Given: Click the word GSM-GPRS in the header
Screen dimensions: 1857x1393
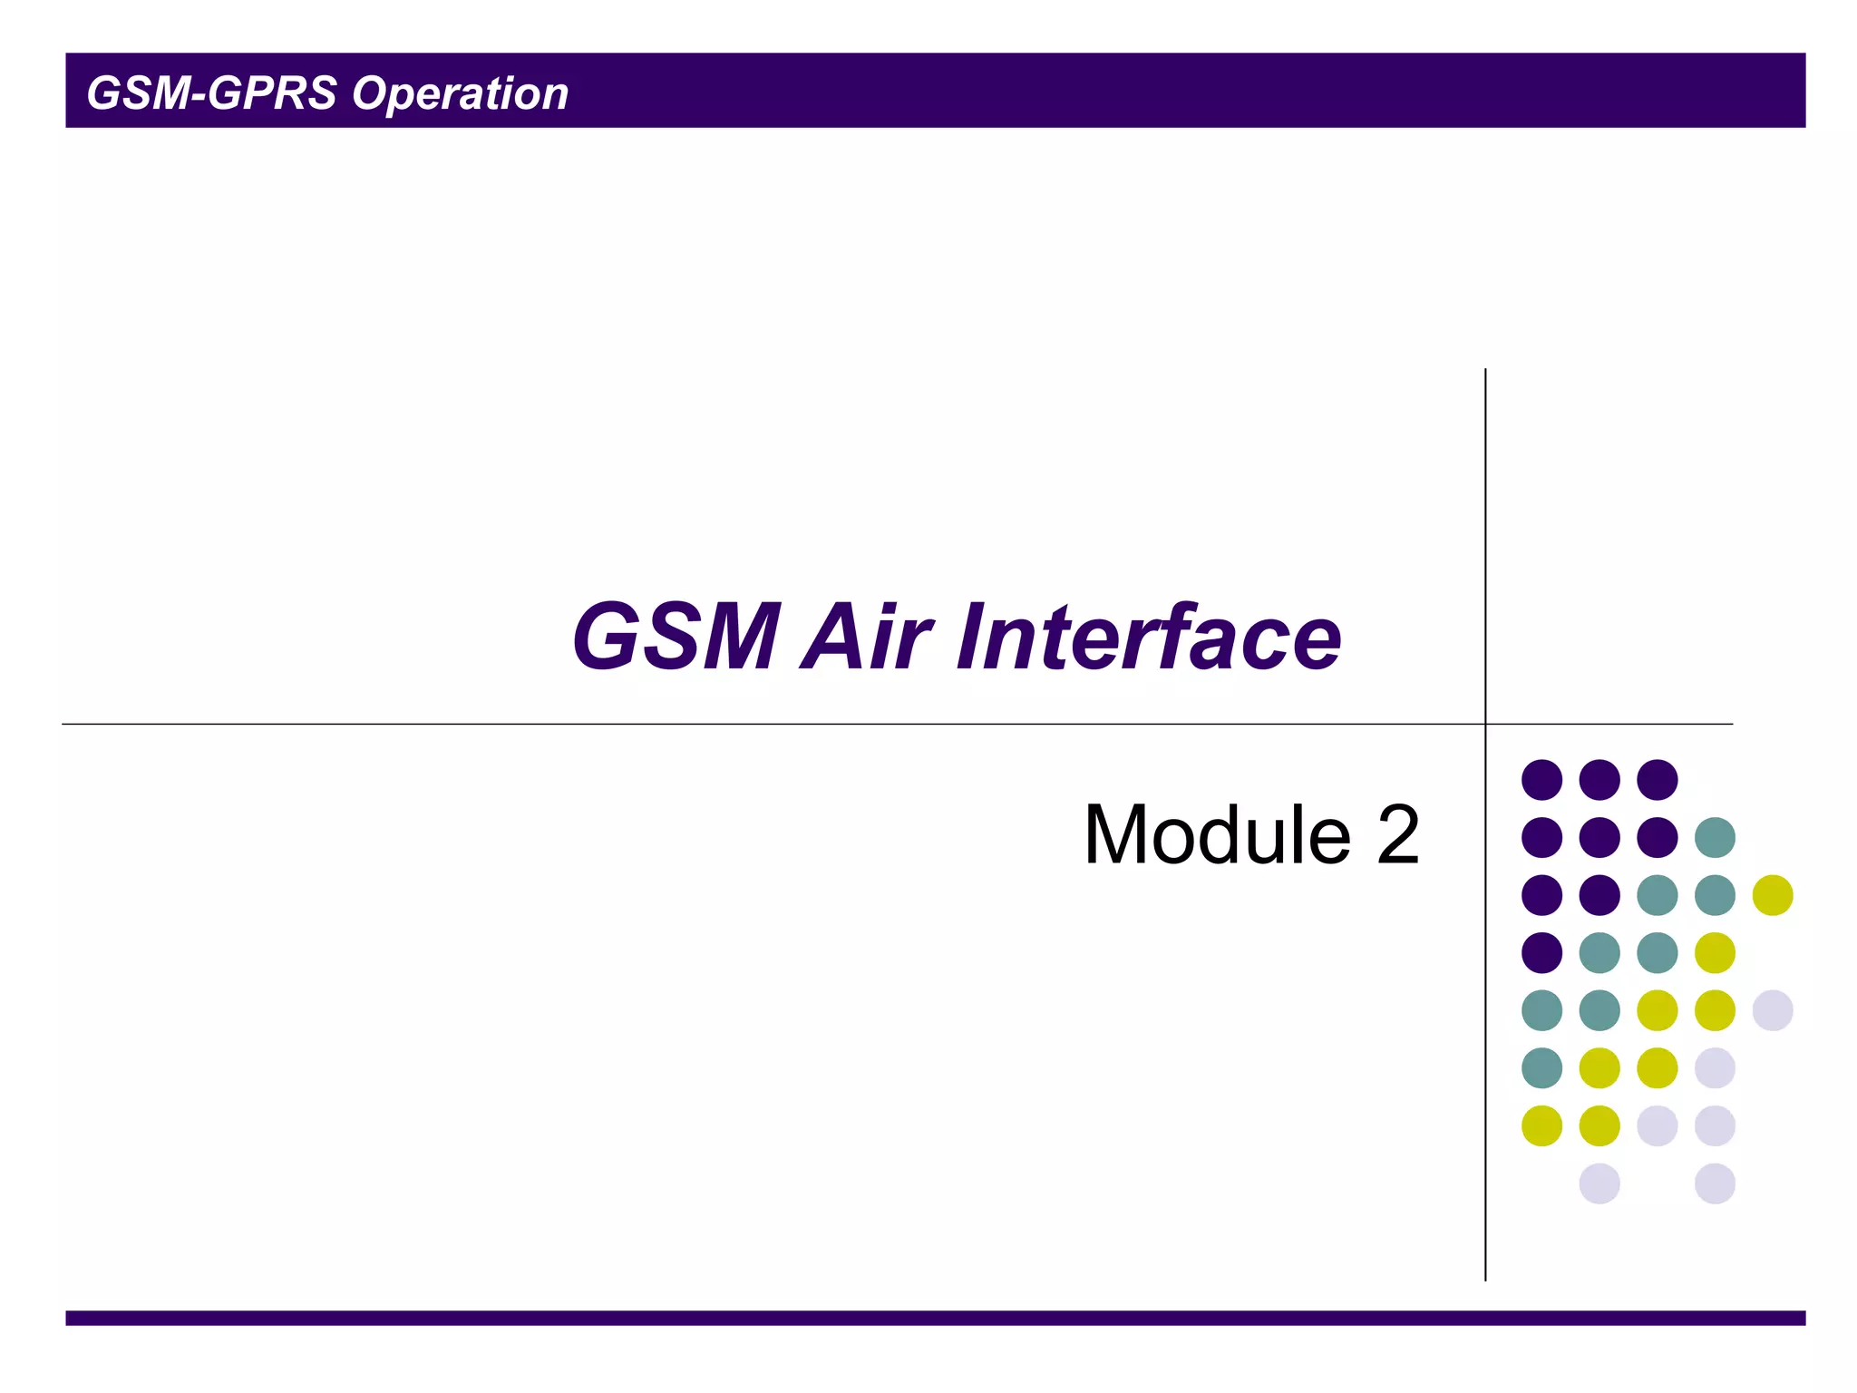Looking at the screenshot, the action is click(211, 93).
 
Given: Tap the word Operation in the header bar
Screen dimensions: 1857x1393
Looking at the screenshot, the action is click(460, 93).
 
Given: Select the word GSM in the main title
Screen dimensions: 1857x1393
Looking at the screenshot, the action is click(676, 637).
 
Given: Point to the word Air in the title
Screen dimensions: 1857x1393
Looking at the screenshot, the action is click(866, 637).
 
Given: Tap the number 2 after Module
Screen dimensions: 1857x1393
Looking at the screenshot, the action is click(1397, 834).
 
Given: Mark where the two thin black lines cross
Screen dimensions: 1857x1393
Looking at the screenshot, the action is click(1485, 724).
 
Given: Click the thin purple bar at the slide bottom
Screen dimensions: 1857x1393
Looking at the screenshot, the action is click(935, 1318).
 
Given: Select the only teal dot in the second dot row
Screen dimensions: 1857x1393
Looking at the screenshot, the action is click(1715, 837).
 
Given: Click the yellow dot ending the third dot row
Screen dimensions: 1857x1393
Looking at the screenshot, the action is click(1773, 895).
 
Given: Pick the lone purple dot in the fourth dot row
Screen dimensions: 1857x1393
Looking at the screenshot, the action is click(1541, 953).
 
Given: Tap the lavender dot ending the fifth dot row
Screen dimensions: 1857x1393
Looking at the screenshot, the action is click(1773, 1010).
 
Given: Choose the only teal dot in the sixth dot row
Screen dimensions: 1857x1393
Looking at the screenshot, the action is click(1541, 1068).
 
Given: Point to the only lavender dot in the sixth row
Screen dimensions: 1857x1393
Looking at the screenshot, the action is click(1715, 1068).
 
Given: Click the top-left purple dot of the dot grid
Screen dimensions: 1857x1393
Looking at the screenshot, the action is click(1541, 780).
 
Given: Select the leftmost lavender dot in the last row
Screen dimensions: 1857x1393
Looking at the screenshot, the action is click(1599, 1184).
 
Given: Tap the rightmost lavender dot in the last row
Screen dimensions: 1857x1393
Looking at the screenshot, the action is click(1715, 1184).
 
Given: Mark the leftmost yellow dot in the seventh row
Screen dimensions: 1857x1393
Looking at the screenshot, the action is click(1541, 1126).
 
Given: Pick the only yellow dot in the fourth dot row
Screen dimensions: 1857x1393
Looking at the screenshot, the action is click(1715, 953).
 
